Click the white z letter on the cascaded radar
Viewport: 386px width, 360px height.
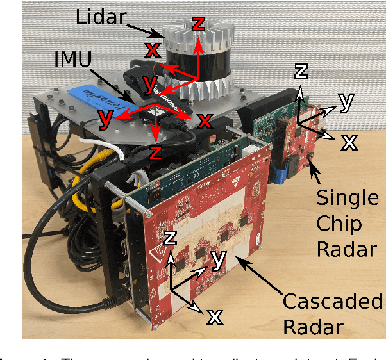tap(170, 238)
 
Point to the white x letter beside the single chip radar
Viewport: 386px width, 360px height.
tap(349, 142)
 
